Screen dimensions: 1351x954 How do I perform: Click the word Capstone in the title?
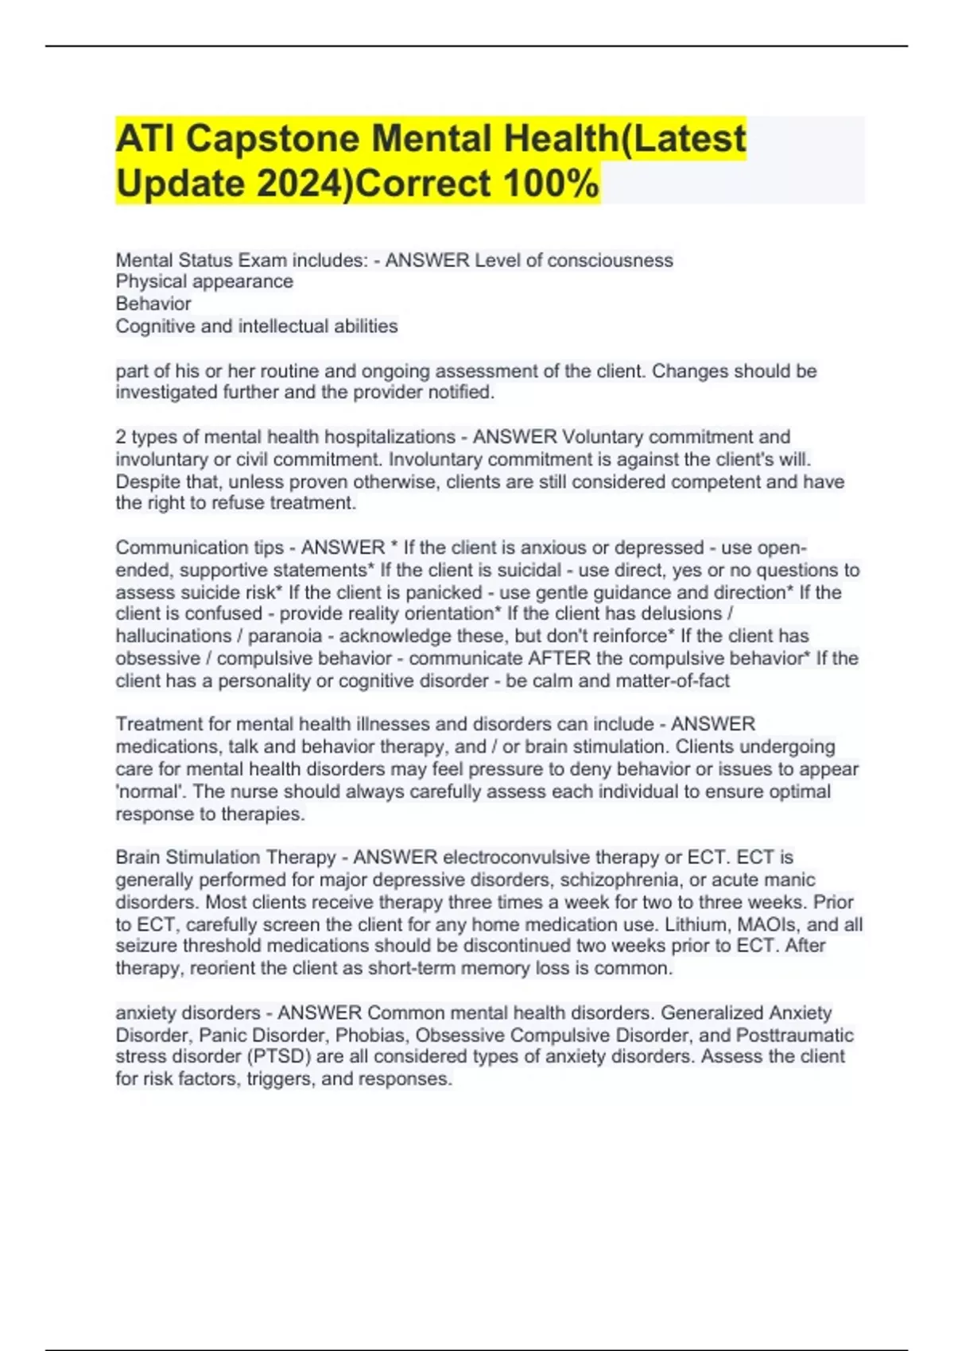[273, 139]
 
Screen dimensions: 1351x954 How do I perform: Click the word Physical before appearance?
[153, 281]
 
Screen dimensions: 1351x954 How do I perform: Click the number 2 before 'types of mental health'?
[121, 437]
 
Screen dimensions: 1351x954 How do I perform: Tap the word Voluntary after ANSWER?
[602, 437]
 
